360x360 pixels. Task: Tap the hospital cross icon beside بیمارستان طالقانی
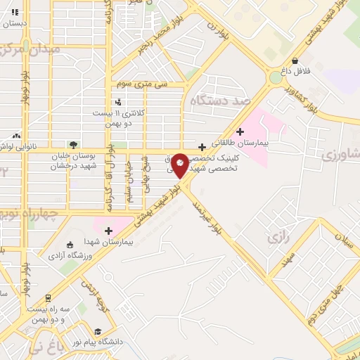pos(240,131)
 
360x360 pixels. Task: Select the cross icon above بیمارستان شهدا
pos(108,230)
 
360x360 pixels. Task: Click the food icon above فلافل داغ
pos(303,60)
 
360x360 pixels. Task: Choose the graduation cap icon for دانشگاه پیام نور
pos(98,330)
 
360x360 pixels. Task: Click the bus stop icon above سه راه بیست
pos(48,297)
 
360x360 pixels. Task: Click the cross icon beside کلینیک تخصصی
pos(202,146)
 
